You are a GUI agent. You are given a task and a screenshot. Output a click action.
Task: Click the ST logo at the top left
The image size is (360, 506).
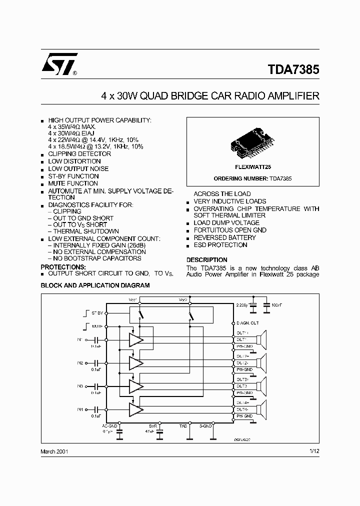click(59, 64)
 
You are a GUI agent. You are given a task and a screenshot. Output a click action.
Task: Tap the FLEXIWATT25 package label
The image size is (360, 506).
click(253, 167)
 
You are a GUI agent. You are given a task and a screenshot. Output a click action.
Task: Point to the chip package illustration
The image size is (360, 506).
click(252, 143)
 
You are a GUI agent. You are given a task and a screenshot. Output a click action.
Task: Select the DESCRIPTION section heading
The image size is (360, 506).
click(206, 260)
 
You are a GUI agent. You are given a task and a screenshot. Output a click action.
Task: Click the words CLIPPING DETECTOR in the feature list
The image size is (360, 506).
click(79, 154)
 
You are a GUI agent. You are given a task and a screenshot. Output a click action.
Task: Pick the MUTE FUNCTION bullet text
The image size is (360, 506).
click(73, 183)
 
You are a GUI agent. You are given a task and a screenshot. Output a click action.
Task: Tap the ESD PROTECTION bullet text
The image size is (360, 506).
click(220, 245)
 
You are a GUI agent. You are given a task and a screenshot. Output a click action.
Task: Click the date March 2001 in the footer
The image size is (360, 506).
click(54, 451)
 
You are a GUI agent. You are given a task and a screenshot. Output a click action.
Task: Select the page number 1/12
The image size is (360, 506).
click(314, 451)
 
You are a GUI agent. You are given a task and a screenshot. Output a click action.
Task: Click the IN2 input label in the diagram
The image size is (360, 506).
click(80, 362)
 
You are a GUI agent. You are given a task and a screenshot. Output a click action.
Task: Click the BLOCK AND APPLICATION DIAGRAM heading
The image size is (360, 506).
click(95, 285)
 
